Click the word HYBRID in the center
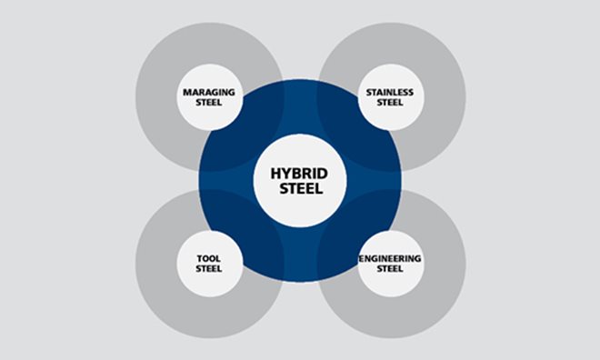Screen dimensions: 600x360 [x=299, y=172]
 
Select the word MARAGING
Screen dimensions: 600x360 [x=208, y=92]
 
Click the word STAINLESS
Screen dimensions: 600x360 [x=391, y=92]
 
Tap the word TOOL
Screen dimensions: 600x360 [x=208, y=258]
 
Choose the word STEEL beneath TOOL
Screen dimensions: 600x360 [x=208, y=268]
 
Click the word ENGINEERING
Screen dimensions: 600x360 [x=391, y=258]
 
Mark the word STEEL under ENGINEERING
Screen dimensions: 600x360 [x=391, y=268]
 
